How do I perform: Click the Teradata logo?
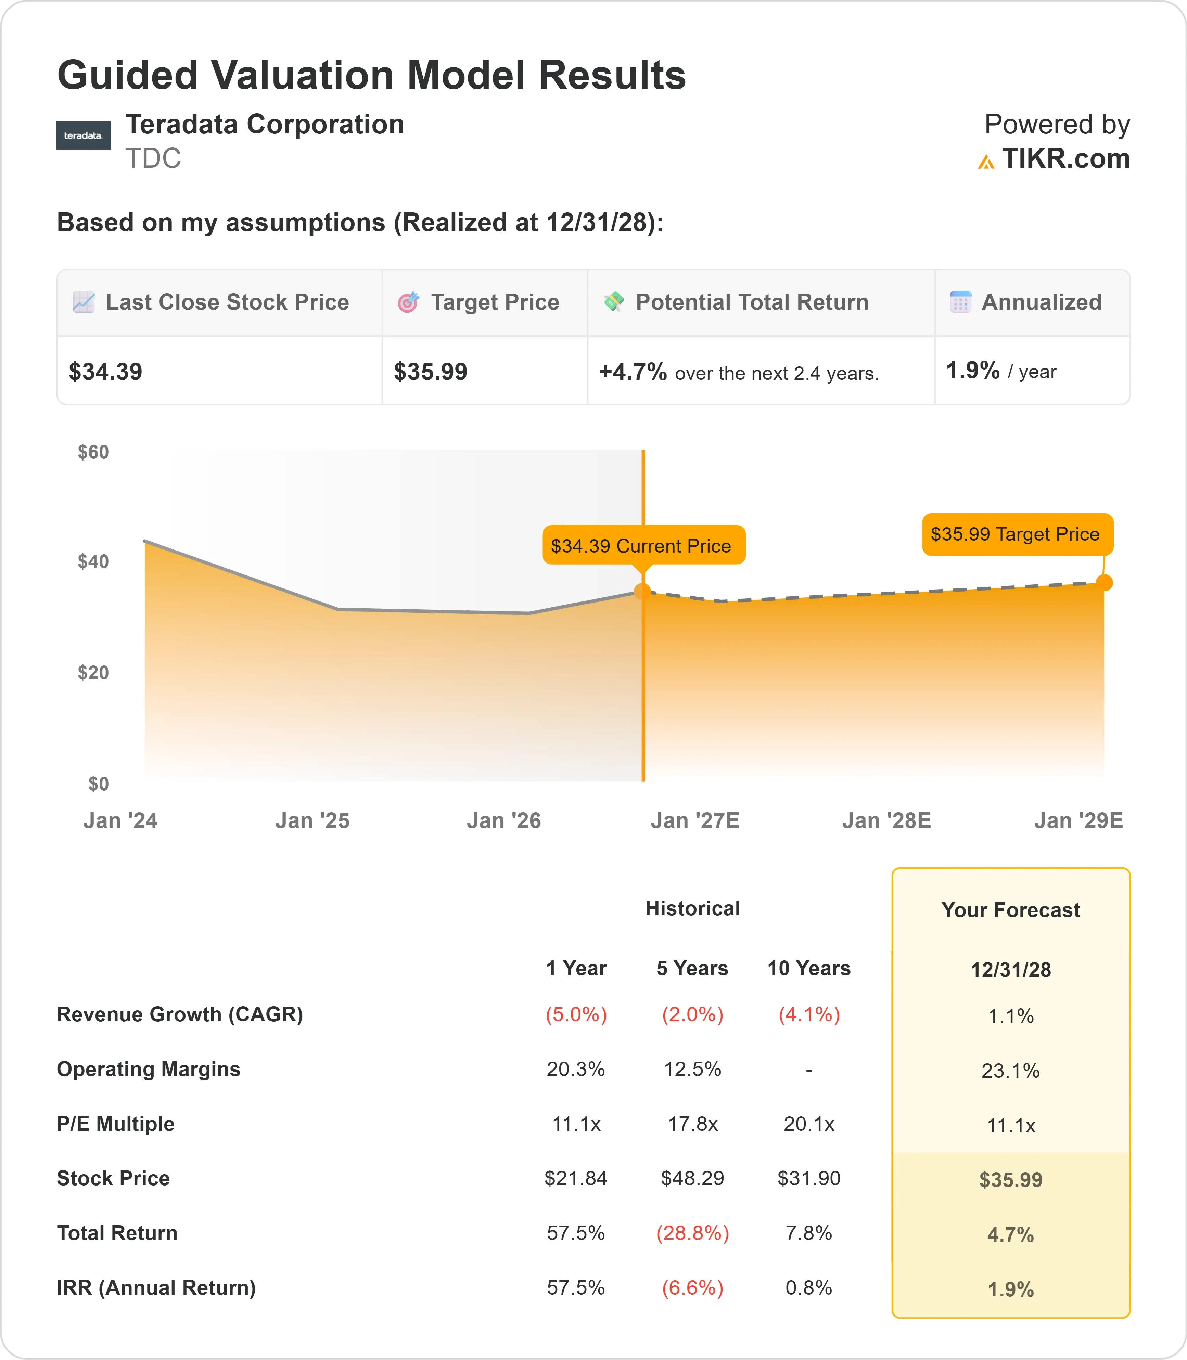coord(84,135)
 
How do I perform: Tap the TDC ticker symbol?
coord(153,159)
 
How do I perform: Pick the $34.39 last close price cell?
coord(105,372)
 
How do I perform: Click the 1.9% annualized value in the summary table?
coord(972,370)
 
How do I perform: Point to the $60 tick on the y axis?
coord(93,452)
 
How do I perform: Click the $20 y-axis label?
coord(93,673)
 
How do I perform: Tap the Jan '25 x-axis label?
coord(312,821)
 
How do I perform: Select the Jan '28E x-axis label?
coord(886,821)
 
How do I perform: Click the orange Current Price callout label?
coord(643,546)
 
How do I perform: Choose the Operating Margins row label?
coord(149,1069)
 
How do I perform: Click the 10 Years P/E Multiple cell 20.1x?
coord(809,1124)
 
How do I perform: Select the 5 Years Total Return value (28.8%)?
coord(692,1233)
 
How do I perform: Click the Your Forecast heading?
coord(1011,910)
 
